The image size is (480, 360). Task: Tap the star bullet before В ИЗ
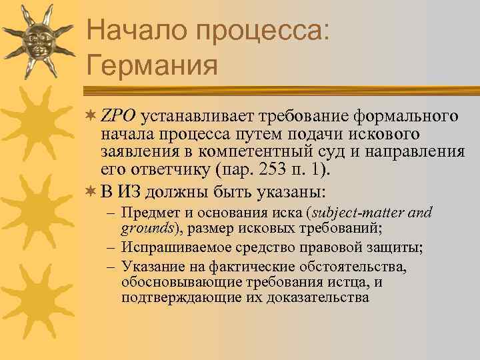91,192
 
